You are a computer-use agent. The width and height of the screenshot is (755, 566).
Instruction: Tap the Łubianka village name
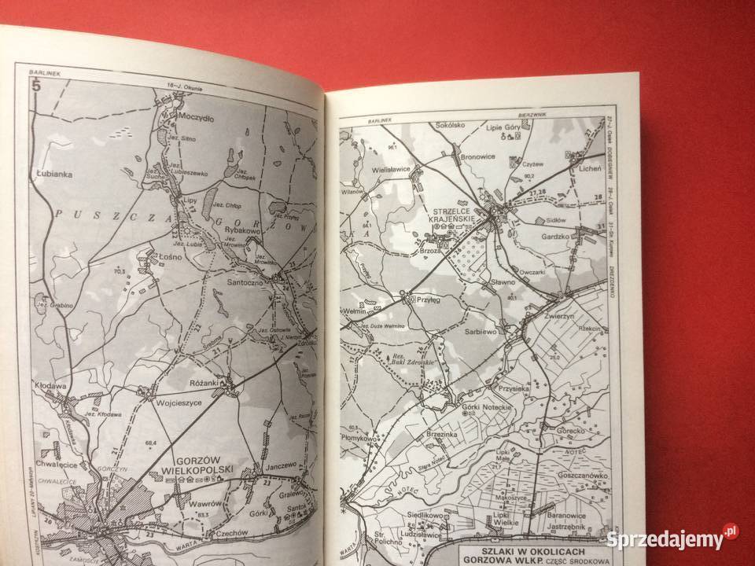coord(54,176)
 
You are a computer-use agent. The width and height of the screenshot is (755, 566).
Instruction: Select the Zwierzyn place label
coord(562,311)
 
